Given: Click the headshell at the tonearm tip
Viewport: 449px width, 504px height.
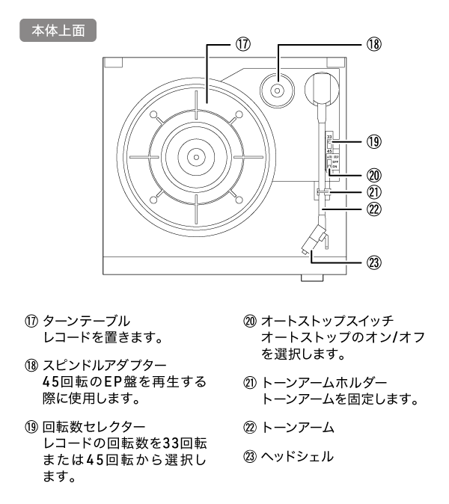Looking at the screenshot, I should (314, 245).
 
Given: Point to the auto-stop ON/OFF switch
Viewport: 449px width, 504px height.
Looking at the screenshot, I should (330, 165).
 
